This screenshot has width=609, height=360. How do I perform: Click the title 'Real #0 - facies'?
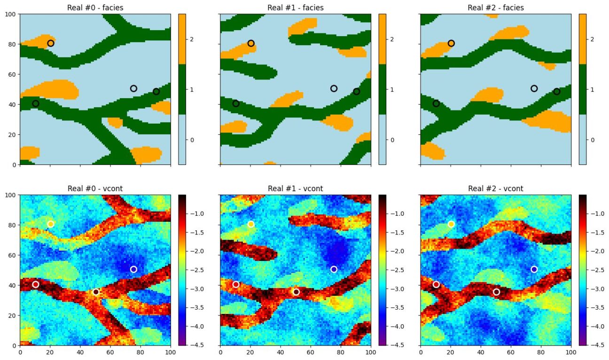(95, 8)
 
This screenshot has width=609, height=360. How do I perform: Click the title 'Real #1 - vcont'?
(295, 188)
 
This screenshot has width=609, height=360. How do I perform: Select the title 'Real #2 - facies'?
(495, 8)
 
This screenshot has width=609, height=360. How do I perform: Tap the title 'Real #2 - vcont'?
(495, 188)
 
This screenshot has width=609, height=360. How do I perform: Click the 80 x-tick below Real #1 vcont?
(341, 351)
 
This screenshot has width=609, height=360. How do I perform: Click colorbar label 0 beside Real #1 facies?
(391, 140)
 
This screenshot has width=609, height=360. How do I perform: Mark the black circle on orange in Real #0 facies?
(51, 43)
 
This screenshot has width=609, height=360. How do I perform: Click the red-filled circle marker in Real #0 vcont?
(36, 284)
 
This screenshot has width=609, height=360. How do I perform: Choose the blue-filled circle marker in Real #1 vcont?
(334, 269)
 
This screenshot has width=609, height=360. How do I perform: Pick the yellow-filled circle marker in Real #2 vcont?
(451, 224)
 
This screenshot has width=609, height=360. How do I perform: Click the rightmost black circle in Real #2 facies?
(556, 91)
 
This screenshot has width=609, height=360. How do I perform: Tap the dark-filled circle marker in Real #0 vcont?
(96, 292)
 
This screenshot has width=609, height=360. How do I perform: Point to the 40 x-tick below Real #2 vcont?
(480, 351)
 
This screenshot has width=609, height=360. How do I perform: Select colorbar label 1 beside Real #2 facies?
(592, 89)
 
